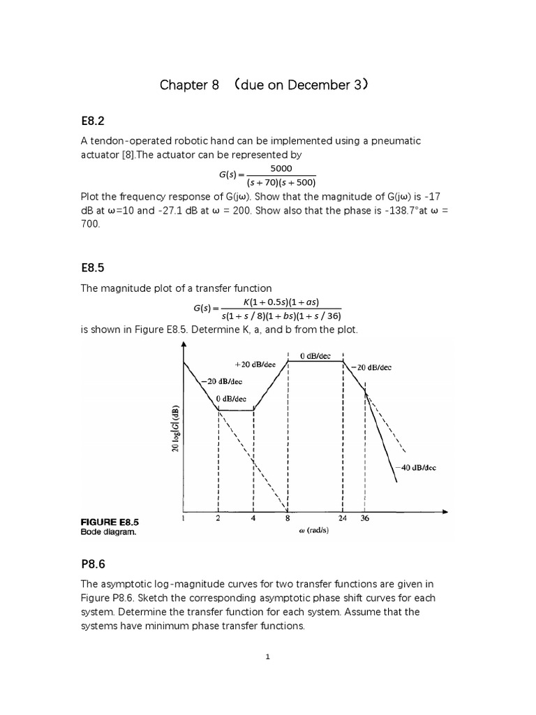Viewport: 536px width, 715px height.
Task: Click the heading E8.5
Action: [97, 267]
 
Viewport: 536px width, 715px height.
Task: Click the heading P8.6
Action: [97, 563]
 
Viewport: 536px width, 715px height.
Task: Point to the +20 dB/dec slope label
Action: [255, 364]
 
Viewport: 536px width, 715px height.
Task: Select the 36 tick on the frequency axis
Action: [364, 519]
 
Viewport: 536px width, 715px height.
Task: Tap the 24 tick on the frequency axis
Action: [343, 519]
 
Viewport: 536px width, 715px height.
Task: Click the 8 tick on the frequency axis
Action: [288, 519]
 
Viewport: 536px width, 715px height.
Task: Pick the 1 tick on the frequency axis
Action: [183, 519]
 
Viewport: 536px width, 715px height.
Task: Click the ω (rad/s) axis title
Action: [308, 531]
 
